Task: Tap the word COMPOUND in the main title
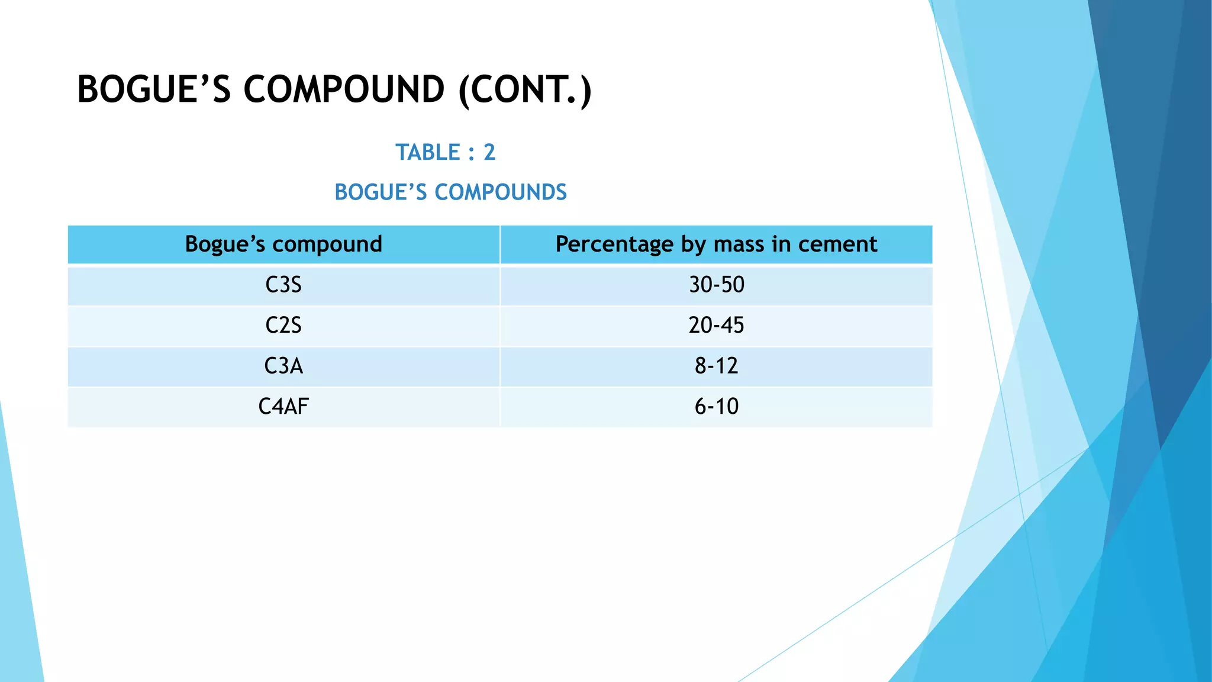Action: click(344, 90)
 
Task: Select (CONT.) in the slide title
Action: click(525, 90)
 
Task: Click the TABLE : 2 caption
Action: click(445, 153)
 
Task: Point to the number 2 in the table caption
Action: click(489, 153)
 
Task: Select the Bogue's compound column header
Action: click(283, 245)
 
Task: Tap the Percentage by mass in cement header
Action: click(716, 245)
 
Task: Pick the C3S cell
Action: click(283, 285)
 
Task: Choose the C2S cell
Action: click(283, 326)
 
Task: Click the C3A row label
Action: click(283, 366)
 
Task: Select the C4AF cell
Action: click(283, 407)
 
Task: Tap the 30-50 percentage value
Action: click(716, 285)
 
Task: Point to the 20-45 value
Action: click(716, 326)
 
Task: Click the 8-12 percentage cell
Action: click(716, 366)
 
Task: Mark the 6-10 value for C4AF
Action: click(716, 407)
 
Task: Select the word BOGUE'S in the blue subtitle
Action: click(381, 192)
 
